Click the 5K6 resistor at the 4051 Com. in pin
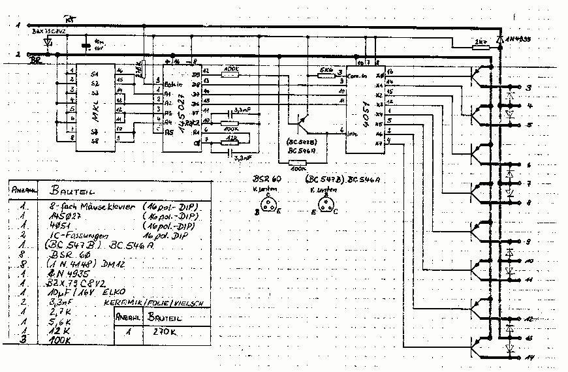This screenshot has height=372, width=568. (326, 76)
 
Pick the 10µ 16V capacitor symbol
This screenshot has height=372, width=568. (86, 46)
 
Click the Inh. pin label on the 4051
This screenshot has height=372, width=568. (353, 134)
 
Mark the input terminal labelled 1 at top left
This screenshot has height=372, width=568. (18, 25)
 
